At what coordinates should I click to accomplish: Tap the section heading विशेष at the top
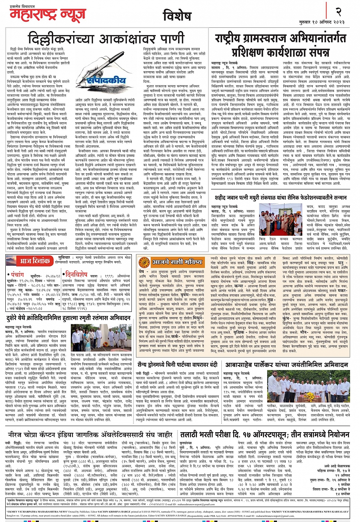176,16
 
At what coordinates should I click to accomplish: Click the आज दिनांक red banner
29,261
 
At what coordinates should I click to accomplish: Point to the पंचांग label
17,274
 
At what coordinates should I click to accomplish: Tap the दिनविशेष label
75,274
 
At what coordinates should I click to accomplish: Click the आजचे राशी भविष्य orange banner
172,262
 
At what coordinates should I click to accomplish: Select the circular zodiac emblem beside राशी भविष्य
144,262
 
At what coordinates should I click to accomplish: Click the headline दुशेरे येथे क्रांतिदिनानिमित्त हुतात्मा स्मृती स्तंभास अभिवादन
68,318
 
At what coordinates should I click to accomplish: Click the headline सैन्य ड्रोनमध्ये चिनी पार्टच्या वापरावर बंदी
177,364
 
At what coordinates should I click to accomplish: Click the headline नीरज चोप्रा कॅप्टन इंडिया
90,434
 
